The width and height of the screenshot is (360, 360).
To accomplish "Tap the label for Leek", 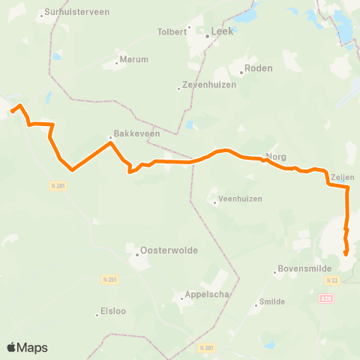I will [223, 32].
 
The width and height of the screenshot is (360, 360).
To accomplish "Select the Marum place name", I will [135, 59].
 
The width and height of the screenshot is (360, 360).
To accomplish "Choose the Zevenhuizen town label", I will [209, 85].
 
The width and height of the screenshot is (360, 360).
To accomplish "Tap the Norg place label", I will [277, 158].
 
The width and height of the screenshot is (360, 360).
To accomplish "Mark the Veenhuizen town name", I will [237, 200].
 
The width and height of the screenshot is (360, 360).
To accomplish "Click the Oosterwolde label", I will [162, 250].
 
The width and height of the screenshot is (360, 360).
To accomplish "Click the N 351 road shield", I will [109, 279].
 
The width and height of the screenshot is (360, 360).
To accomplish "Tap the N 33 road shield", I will [332, 280].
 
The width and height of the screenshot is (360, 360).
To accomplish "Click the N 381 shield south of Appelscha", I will [208, 348].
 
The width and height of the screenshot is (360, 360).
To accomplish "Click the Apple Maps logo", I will [27, 347].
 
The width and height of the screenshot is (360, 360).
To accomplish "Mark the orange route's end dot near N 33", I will [346, 254].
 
